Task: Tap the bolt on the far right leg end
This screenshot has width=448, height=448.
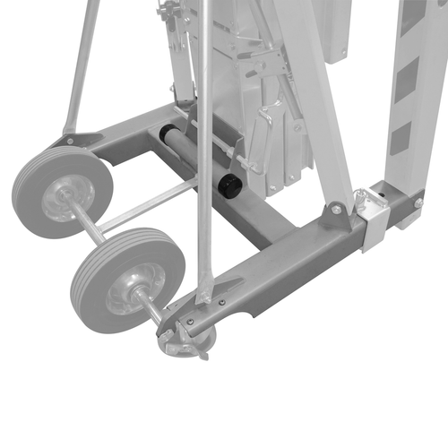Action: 418,203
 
